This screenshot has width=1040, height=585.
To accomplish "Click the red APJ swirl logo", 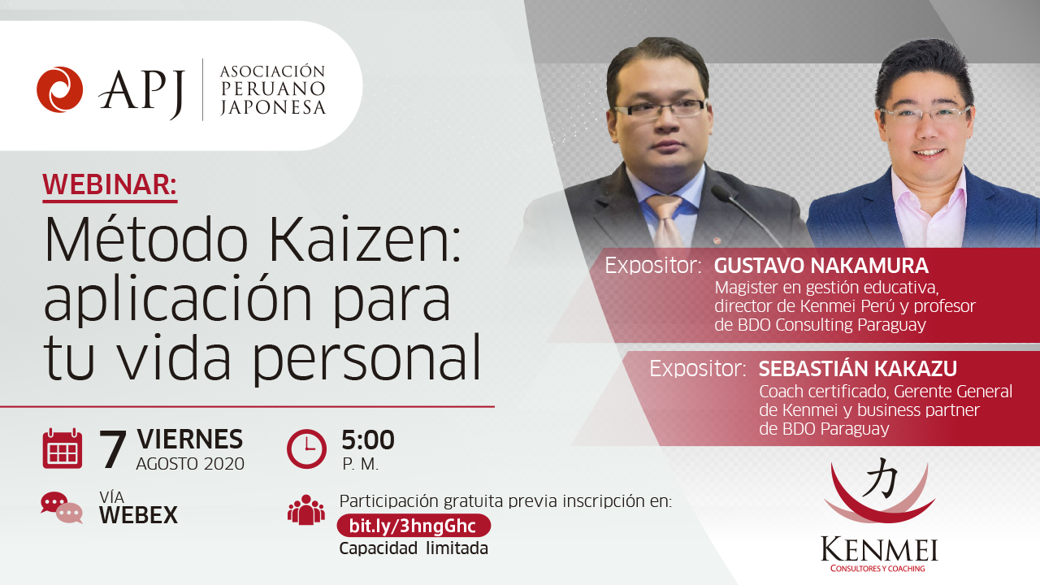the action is [60, 89].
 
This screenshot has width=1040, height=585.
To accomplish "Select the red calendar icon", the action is [63, 448].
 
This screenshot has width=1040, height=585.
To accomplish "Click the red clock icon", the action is [306, 448].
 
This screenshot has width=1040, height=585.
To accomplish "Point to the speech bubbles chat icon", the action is [62, 508].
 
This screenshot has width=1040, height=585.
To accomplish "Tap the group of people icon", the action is [306, 509].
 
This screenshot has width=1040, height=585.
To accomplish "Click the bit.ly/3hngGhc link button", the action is [414, 526].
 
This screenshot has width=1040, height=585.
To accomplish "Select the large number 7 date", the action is [113, 449].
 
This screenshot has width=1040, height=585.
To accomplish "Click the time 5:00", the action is [368, 440].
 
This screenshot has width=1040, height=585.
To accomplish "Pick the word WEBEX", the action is [138, 515].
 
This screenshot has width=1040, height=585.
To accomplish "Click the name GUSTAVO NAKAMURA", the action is [821, 266].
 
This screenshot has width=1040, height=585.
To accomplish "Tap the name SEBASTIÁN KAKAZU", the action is [857, 369].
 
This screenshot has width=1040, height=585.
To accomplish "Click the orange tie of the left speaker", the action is [666, 221].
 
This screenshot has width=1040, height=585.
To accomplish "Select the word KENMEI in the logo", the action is [879, 550].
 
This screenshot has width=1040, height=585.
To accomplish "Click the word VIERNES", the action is [189, 440].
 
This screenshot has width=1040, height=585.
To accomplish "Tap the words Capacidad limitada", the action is [414, 548].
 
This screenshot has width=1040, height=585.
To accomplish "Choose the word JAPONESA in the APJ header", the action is [272, 108].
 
